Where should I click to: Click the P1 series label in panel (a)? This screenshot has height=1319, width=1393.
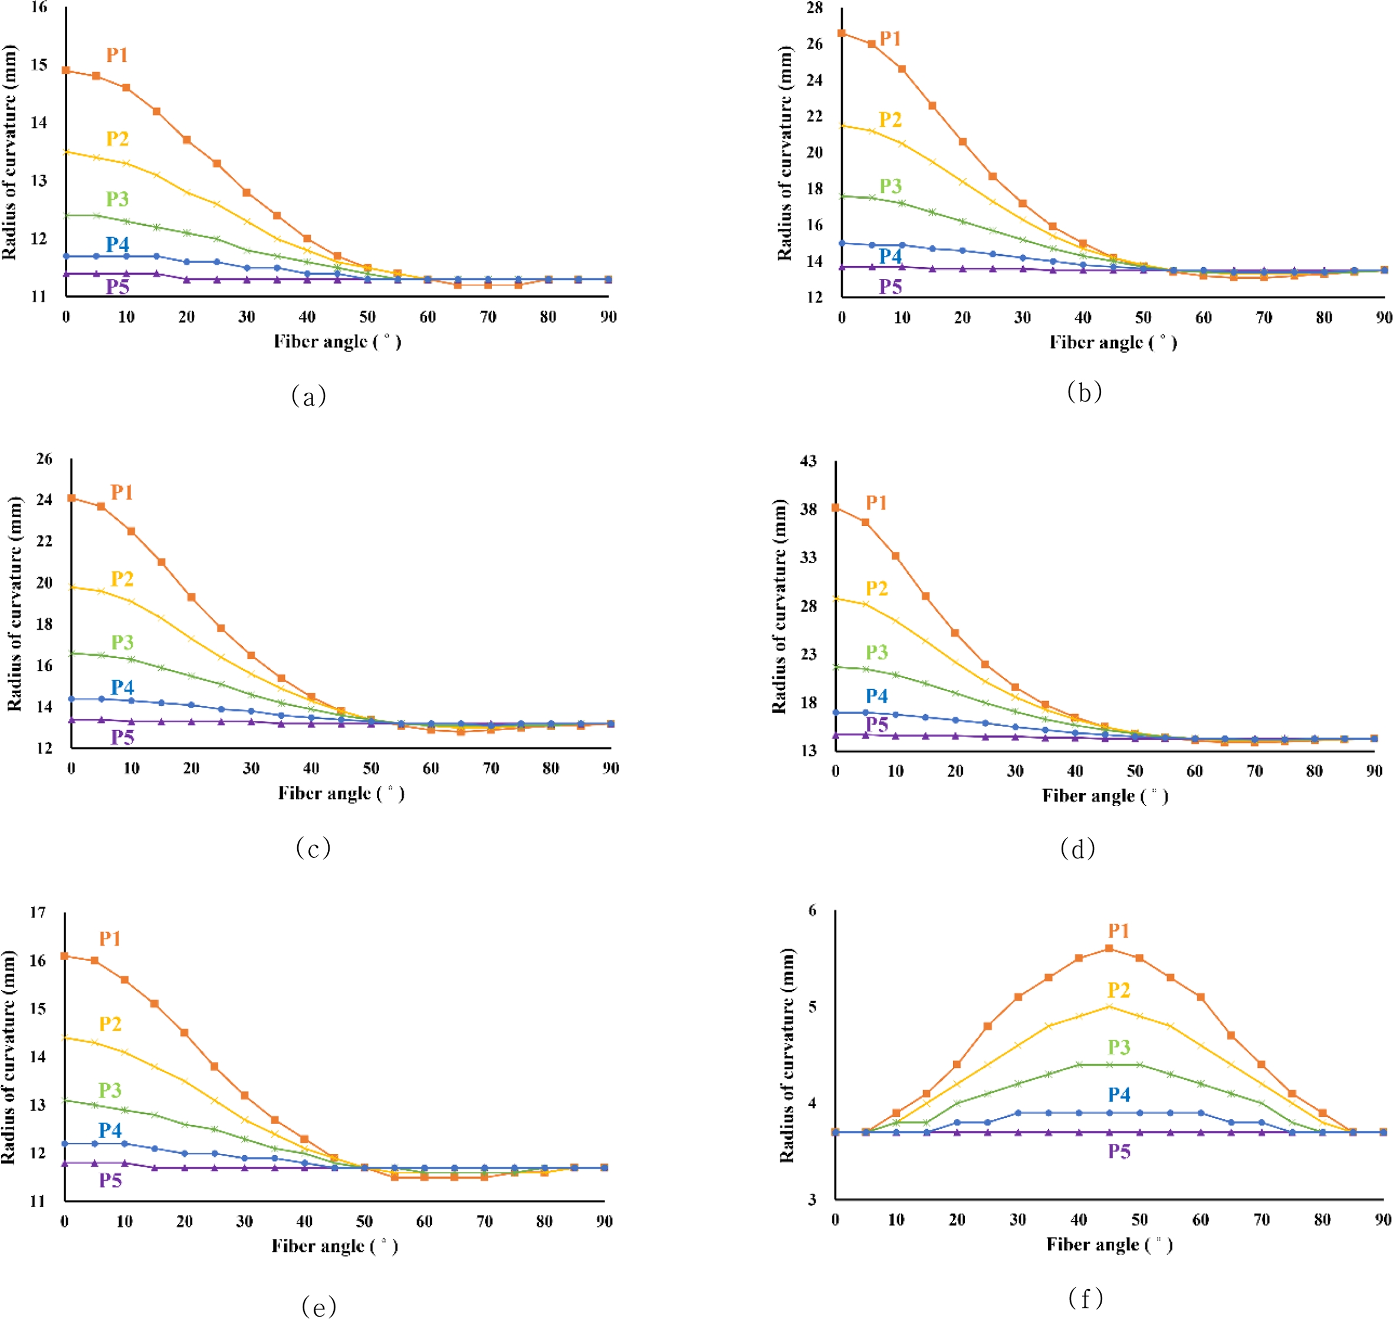pos(117,55)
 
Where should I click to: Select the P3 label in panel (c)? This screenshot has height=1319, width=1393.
pos(122,642)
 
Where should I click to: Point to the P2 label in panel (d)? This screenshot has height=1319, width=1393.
pos(876,588)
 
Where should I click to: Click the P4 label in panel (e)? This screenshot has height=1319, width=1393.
pos(110,1130)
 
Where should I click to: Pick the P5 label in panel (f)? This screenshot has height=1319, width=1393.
pos(1119,1170)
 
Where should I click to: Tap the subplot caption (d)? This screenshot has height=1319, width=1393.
pos(1077,848)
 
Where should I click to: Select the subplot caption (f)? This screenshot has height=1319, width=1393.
pos(1085,1298)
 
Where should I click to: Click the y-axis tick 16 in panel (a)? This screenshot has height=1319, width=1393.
pos(39,8)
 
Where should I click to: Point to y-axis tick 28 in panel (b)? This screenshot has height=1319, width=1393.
pos(814,8)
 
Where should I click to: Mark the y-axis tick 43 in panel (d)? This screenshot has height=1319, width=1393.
pos(809,461)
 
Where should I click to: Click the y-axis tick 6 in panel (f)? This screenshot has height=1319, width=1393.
pos(812,910)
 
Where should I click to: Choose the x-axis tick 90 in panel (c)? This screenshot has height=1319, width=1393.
pos(610,768)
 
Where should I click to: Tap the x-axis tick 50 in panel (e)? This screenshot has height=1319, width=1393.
pos(364,1221)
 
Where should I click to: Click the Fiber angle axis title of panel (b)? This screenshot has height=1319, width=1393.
pos(1112,343)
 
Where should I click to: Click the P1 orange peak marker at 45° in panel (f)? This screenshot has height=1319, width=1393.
pos(1109,949)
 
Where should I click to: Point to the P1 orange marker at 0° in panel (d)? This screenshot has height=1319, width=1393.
pos(835,508)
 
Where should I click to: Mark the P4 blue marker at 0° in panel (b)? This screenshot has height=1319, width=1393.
pos(842,244)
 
